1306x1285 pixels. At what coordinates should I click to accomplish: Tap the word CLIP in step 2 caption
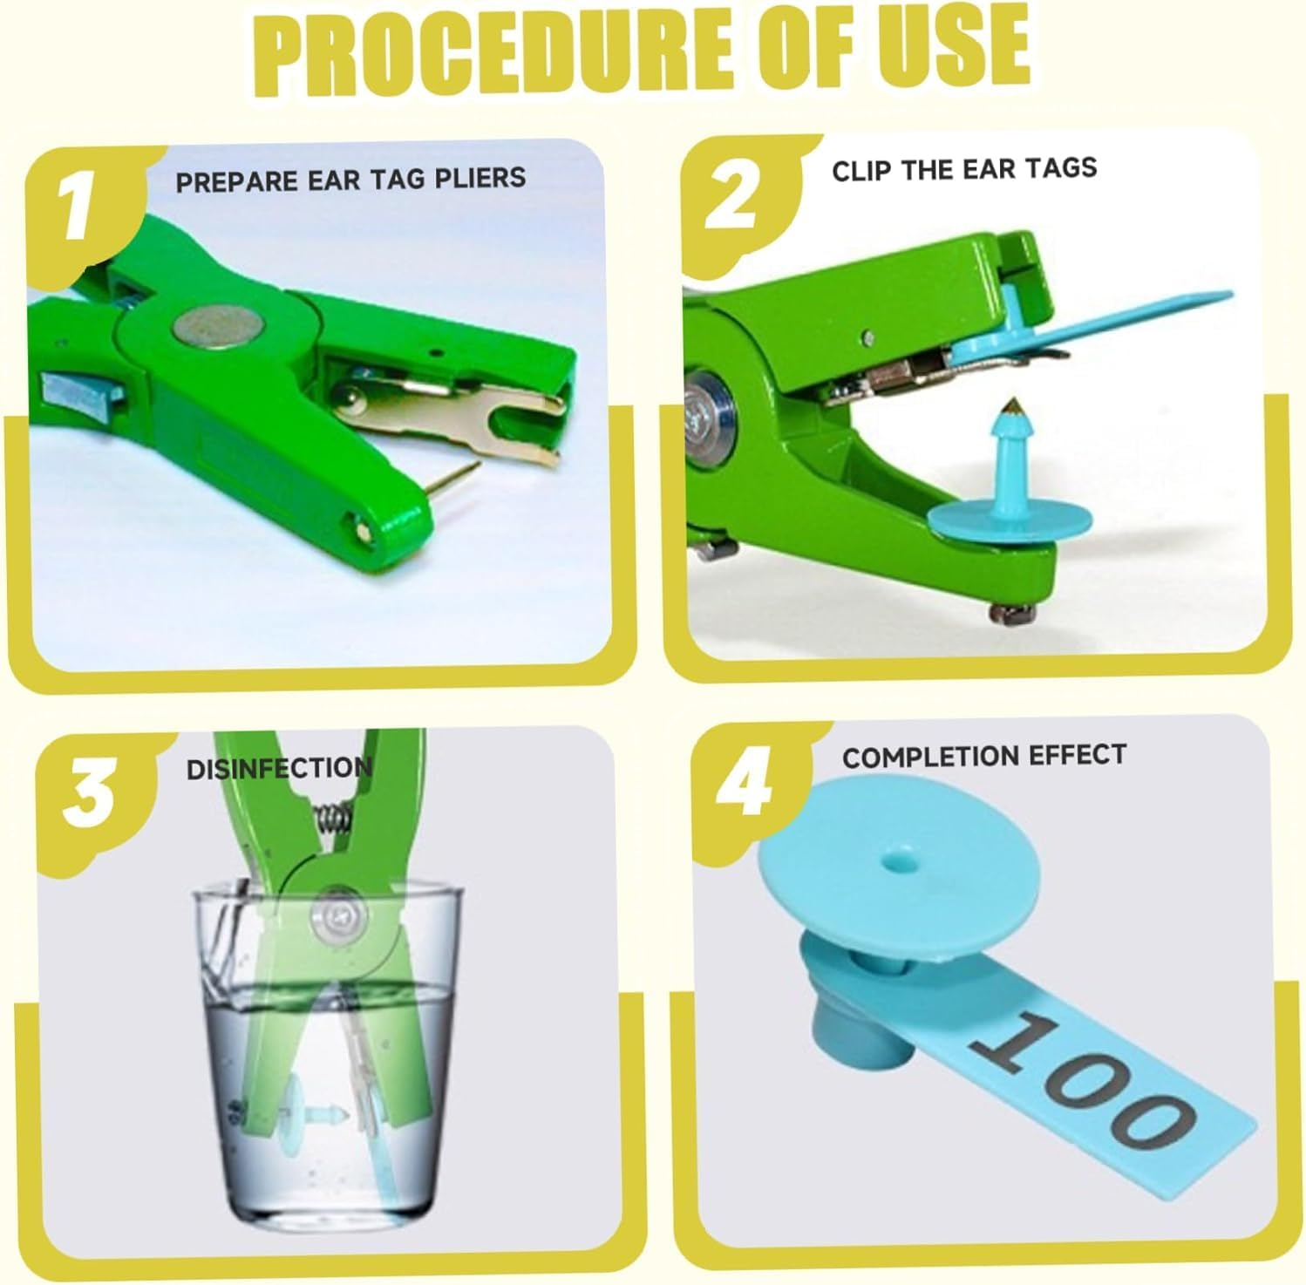(x=863, y=170)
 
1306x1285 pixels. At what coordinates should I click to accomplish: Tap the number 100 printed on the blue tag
(x=1079, y=1080)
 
